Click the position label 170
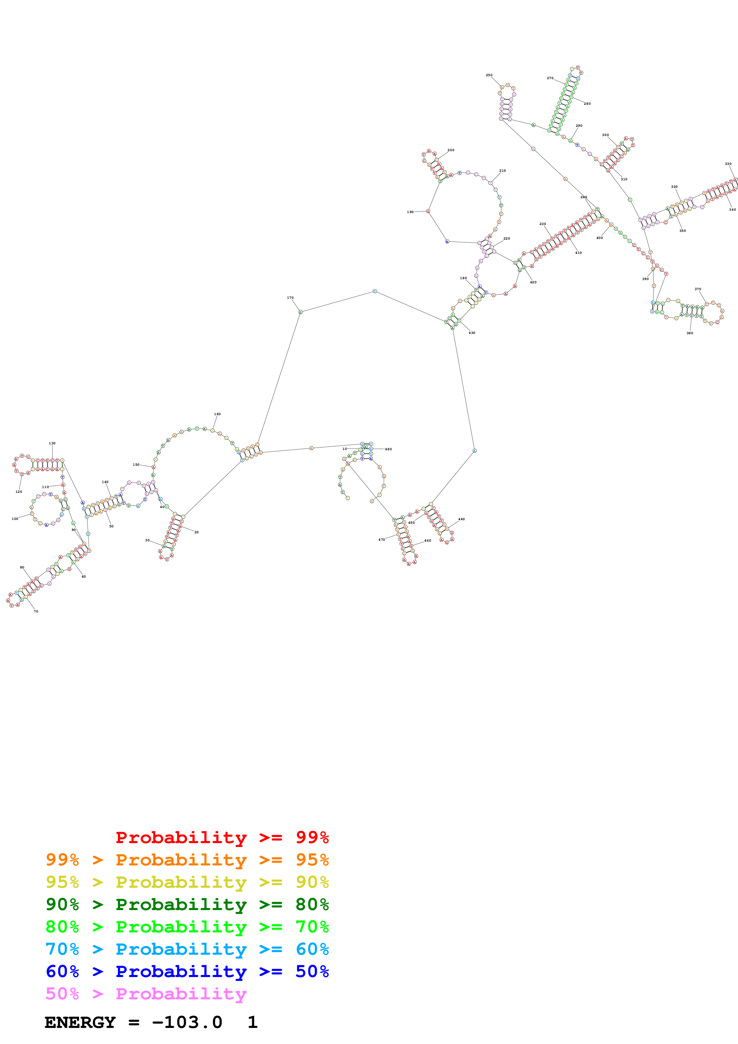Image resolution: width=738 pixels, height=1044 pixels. [x=290, y=298]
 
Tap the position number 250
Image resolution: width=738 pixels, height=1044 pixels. [x=489, y=75]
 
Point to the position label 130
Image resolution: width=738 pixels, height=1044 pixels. [x=52, y=443]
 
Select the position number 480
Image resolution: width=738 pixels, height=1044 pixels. [x=388, y=449]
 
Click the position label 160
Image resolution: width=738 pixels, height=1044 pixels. [x=217, y=414]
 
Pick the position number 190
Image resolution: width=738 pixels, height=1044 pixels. [x=410, y=212]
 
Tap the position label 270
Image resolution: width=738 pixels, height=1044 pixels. [x=550, y=78]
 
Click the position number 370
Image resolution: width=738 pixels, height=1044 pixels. [x=698, y=289]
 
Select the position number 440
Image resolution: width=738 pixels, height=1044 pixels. [x=461, y=519]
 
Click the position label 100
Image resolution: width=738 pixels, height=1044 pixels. [x=15, y=519]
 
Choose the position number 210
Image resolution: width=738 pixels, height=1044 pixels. [x=503, y=171]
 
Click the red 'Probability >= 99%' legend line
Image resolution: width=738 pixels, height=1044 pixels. [x=222, y=837]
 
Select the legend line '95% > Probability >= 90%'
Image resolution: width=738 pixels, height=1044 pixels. [x=187, y=882]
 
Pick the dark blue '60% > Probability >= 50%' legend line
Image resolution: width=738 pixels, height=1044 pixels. [x=187, y=971]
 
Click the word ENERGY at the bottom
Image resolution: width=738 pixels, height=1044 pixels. [x=80, y=1023]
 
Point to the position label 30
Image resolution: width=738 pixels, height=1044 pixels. [x=147, y=540]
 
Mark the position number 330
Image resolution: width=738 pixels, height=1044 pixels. [x=728, y=164]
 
